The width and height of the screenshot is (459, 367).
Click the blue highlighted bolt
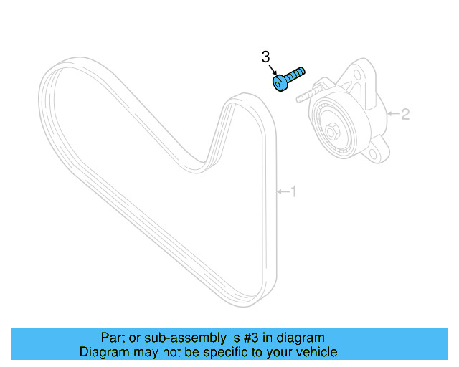[288, 78]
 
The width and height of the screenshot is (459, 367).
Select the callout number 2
[405, 114]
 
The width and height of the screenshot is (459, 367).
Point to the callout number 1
[293, 191]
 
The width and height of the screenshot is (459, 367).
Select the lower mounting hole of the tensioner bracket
[372, 154]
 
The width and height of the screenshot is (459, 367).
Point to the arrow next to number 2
[392, 114]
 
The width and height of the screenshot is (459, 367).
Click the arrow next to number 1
[283, 191]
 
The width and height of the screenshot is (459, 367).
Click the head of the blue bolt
[280, 83]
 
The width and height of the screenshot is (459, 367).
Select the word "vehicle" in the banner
[316, 352]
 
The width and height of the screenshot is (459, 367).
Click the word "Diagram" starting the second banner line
[101, 352]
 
